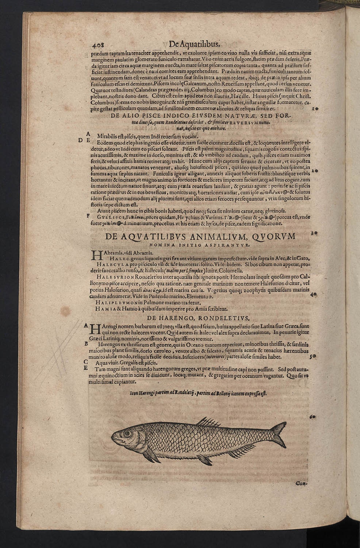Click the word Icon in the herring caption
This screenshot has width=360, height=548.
(133, 393)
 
